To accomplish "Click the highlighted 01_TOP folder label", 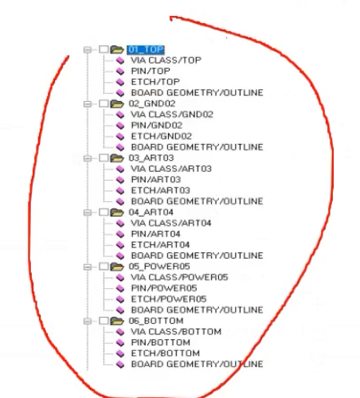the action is (146, 49).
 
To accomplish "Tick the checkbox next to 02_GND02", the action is (104, 103).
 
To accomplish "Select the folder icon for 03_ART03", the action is (117, 158).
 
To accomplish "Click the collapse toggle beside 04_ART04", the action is (87, 213).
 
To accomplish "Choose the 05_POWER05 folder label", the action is (159, 267).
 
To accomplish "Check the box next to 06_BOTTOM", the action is (104, 321).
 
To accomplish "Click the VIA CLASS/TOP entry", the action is (166, 60).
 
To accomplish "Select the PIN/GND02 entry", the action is (157, 125).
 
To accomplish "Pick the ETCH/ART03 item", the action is (161, 190).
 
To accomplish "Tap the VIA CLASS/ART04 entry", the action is (171, 223).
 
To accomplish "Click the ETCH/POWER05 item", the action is (169, 299).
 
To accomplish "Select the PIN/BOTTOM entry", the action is (161, 342).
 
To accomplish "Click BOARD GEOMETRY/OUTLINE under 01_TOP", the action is (198, 92).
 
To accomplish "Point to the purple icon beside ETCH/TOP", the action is (120, 82).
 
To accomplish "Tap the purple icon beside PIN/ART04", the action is (120, 234).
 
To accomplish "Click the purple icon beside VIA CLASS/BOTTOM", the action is (120, 332).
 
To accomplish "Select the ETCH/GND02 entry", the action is (162, 136).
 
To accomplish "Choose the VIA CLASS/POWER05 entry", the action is (179, 277).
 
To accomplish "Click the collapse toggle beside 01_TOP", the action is (87, 49).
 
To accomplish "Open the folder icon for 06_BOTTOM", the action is (117, 321).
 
